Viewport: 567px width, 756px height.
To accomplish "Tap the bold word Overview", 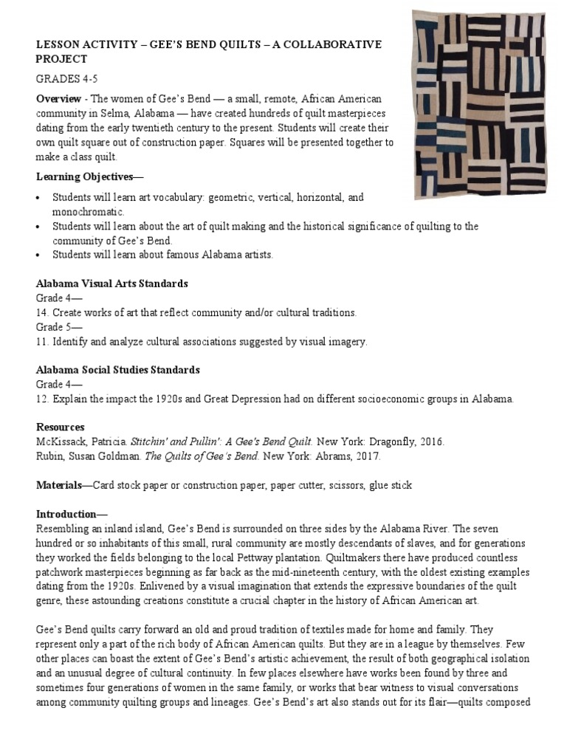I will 60,99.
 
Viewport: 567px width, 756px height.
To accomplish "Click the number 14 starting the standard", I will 41,313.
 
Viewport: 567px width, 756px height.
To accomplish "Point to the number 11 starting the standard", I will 41,342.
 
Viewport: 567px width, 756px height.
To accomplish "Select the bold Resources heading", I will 61,427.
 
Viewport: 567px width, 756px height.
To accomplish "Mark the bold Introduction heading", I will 67,514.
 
